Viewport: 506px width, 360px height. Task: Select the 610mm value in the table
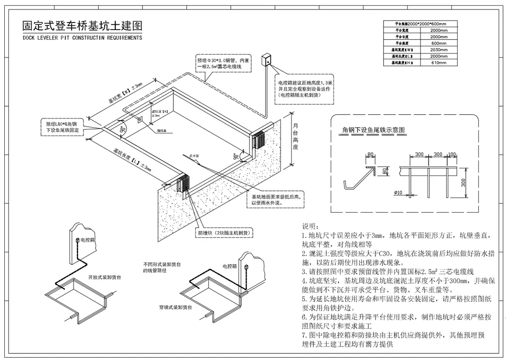(439, 63)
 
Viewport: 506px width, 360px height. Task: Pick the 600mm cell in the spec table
(439, 43)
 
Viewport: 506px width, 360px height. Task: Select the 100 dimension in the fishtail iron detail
(452, 155)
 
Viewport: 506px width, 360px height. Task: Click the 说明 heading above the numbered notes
(310, 226)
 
